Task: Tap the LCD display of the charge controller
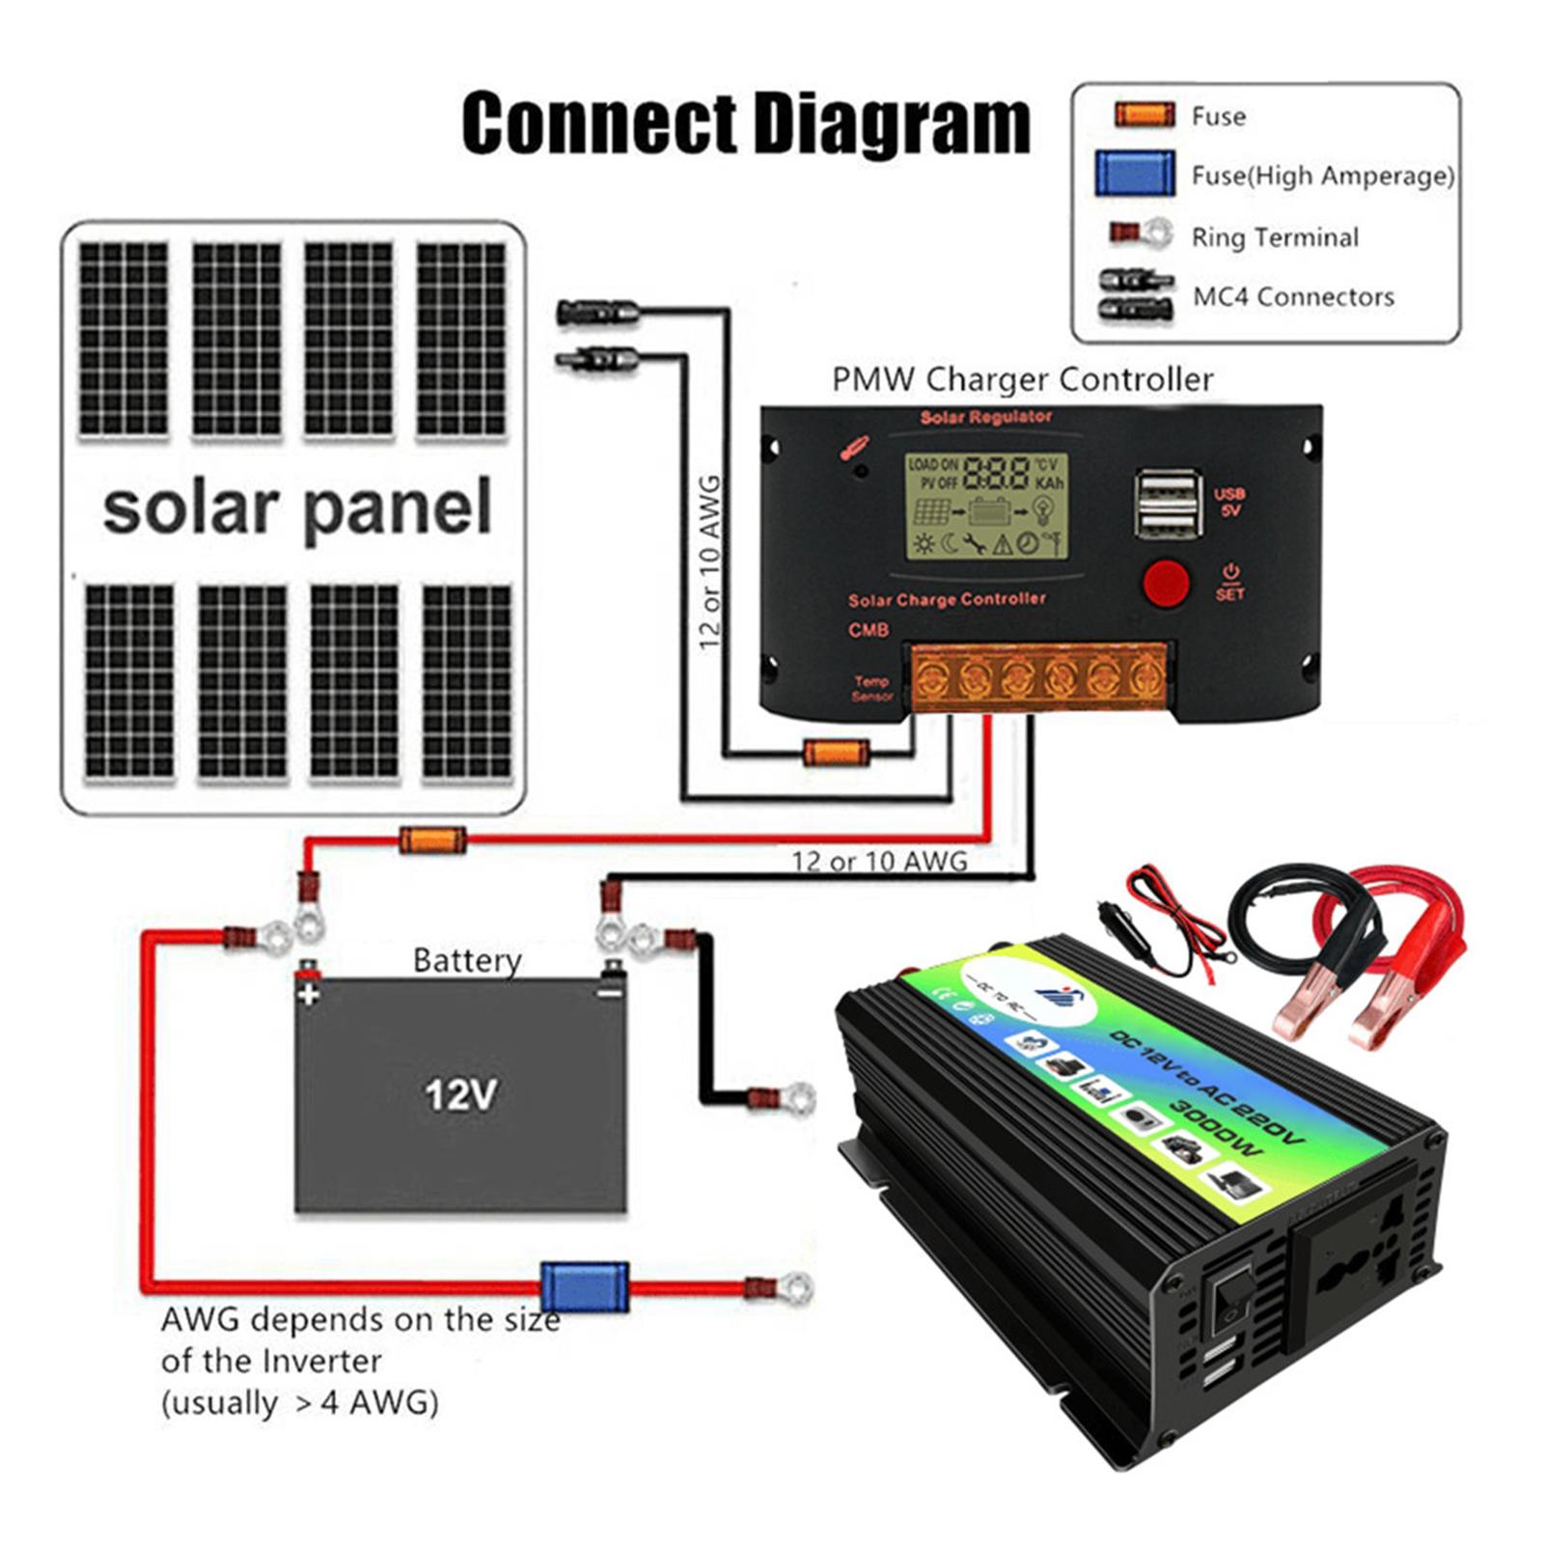click(x=986, y=507)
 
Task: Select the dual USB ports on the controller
click(x=1168, y=504)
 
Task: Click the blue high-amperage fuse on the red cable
click(x=584, y=1286)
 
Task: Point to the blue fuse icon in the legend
click(x=1135, y=175)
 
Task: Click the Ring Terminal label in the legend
click(x=1274, y=237)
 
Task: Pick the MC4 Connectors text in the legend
click(x=1293, y=296)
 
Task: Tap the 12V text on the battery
click(x=461, y=1095)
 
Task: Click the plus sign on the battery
click(x=309, y=993)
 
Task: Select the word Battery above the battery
click(x=467, y=960)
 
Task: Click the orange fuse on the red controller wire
click(x=433, y=840)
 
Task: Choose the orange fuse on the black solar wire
click(x=837, y=752)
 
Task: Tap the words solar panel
click(x=297, y=509)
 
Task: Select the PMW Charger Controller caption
click(x=1022, y=379)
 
